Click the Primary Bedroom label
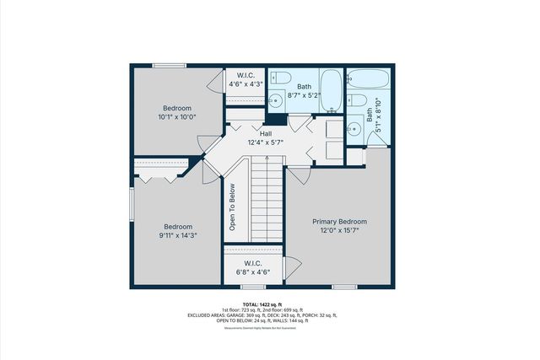(x=340, y=222)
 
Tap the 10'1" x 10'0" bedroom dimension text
(x=178, y=118)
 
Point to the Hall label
(x=266, y=133)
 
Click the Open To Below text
(x=232, y=208)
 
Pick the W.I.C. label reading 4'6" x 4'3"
(x=246, y=84)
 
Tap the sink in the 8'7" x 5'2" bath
(x=275, y=101)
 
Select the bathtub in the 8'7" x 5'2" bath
(x=332, y=91)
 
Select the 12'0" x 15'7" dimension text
(x=340, y=231)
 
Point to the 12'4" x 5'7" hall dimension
(x=266, y=143)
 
